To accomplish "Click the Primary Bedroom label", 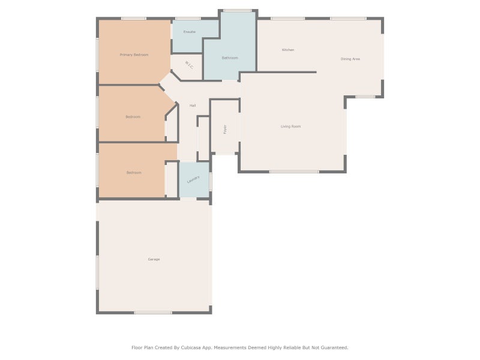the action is (x=134, y=55).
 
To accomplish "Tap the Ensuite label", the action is (x=190, y=32).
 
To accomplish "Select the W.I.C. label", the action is (x=189, y=65).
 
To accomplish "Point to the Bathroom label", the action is (x=230, y=58).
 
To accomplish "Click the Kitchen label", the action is (x=288, y=50).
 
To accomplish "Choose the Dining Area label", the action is (x=350, y=59).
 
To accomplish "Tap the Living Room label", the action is (x=290, y=126).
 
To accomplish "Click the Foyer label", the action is (x=225, y=129).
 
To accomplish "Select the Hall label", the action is (x=193, y=106).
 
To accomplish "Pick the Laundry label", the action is (x=193, y=179).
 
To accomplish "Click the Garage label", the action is (x=154, y=259).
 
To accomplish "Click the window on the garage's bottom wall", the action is (x=153, y=313).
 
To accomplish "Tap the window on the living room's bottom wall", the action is (x=294, y=172).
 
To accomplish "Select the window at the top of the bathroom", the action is (x=238, y=11).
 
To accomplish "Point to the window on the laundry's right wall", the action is (x=211, y=181).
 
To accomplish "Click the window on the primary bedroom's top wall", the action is (x=134, y=19).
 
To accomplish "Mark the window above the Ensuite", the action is (x=188, y=19).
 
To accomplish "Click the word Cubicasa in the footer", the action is (x=191, y=347).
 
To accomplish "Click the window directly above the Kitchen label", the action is (x=288, y=19).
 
